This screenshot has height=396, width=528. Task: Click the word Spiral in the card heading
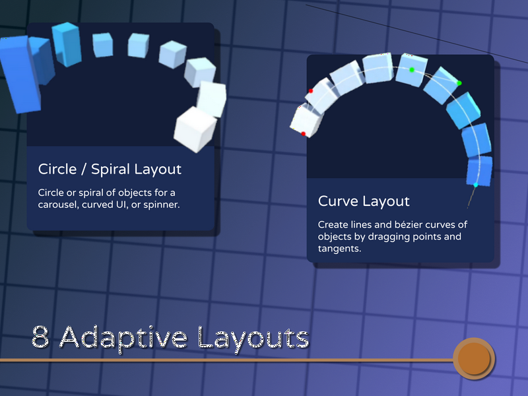click(x=110, y=170)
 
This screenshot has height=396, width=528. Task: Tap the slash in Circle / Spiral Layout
click(x=83, y=170)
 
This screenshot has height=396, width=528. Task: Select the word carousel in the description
click(x=58, y=205)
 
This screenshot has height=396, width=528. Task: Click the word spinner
click(x=161, y=205)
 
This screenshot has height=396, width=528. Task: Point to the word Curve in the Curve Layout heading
click(x=337, y=201)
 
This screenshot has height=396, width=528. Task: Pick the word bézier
click(x=409, y=224)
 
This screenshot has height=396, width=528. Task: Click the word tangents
click(x=339, y=249)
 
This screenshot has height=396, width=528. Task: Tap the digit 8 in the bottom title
click(x=40, y=337)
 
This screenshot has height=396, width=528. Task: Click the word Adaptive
click(x=123, y=338)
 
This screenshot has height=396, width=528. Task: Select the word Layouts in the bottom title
click(x=253, y=338)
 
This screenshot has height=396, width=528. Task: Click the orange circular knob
click(x=474, y=358)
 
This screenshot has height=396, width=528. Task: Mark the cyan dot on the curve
click(x=476, y=185)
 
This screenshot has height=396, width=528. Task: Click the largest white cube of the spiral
click(x=195, y=129)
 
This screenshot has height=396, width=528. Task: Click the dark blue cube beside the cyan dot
click(x=479, y=171)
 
